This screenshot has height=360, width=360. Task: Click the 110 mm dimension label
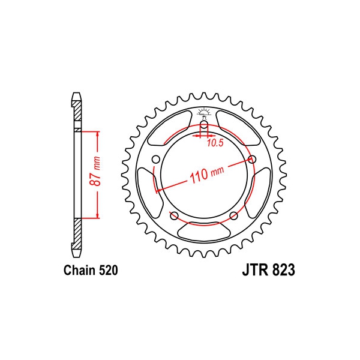[x=206, y=174]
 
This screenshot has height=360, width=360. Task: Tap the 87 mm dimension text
[x=95, y=171]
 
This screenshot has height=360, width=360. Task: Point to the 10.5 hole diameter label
[x=215, y=143]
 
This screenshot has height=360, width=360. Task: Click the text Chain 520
[x=91, y=270]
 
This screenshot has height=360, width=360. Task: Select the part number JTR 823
[x=268, y=270]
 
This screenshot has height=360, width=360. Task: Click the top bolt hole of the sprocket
[x=204, y=126]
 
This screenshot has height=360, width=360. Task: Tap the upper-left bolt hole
[x=156, y=159]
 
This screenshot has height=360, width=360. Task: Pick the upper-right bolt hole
[x=252, y=159]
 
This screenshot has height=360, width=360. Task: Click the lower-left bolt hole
[x=174, y=215]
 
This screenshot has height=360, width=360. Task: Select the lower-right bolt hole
[x=234, y=215]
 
